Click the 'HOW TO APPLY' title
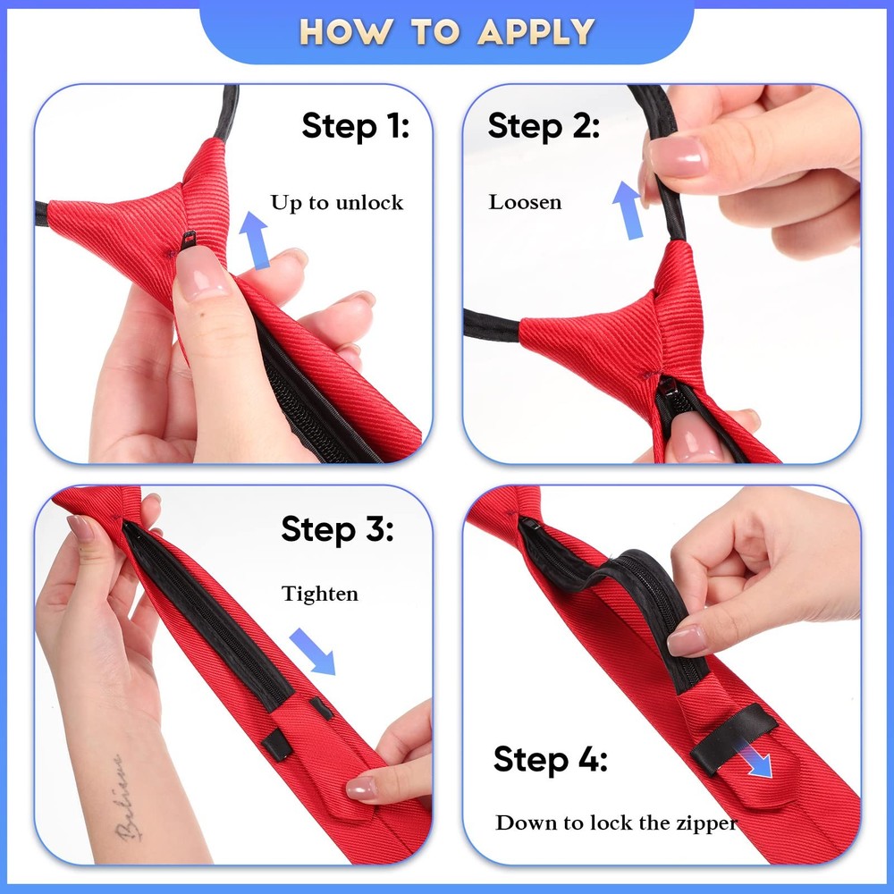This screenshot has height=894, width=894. (x=447, y=31)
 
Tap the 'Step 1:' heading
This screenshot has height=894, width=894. (x=355, y=126)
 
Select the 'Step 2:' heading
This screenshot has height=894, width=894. (x=544, y=126)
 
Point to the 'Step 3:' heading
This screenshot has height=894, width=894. (x=337, y=530)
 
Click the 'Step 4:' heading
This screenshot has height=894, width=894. (x=550, y=759)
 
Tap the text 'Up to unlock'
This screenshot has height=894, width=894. (x=337, y=202)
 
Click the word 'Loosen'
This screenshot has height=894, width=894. (x=525, y=202)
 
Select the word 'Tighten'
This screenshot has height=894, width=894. (x=320, y=595)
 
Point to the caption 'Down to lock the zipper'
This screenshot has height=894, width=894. (x=616, y=822)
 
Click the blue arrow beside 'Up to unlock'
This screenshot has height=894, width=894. (x=254, y=240)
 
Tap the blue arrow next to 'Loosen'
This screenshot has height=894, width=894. (x=628, y=210)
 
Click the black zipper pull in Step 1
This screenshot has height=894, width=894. (x=187, y=240)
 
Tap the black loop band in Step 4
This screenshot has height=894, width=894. (x=734, y=738)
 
